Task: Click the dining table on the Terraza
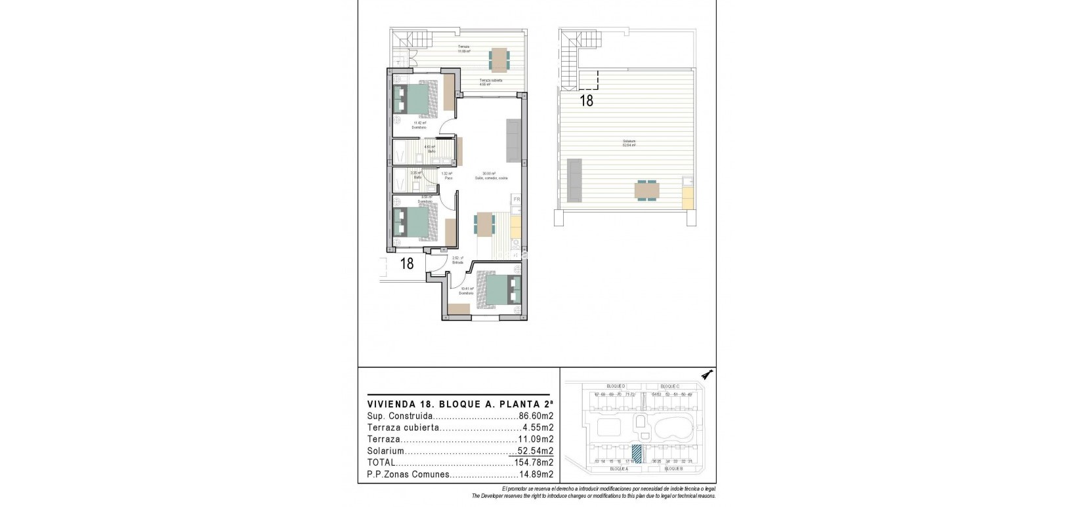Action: [x=498, y=60]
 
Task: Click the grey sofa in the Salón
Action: [x=513, y=140]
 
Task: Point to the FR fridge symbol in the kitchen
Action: [x=516, y=199]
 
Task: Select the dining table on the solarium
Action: [x=647, y=190]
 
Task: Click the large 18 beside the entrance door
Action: [x=407, y=264]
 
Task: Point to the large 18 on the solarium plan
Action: [x=586, y=101]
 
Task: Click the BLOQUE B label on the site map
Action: [x=674, y=469]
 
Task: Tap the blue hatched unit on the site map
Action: [x=636, y=453]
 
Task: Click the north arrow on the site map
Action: [x=707, y=375]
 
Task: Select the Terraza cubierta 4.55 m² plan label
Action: [x=490, y=82]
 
